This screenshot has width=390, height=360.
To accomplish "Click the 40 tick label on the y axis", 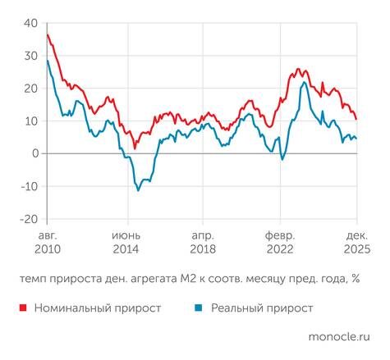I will pos(30,23).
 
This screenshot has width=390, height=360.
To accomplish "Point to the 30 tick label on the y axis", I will pos(30,56).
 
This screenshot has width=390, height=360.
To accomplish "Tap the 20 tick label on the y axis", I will pos(30,89).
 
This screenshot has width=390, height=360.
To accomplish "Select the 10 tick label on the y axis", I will pos(30,121).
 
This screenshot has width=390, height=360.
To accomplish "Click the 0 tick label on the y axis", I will pos(34,154).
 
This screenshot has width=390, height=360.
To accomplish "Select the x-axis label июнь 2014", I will pos(126,240).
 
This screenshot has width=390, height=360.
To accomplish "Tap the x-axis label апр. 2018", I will pos(204,240).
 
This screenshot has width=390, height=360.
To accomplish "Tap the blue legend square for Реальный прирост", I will pos(199,308).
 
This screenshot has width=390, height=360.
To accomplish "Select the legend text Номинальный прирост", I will pos(97,308).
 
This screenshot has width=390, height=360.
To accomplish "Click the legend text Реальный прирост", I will pos(262,308).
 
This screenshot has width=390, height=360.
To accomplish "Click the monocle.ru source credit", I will pos(338,337).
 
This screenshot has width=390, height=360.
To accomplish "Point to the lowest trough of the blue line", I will pos(138,190).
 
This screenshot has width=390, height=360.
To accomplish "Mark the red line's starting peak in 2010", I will pos(48,34).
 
